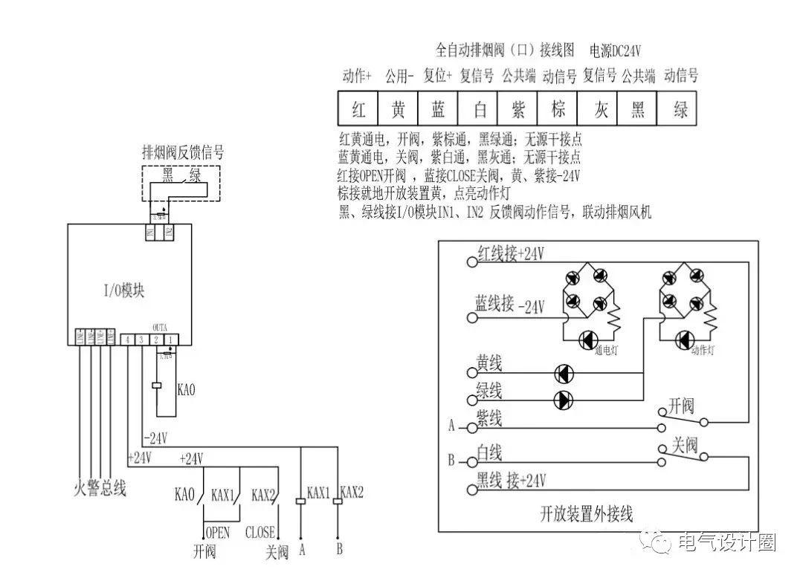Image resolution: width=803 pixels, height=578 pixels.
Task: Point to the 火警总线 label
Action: point(101,489)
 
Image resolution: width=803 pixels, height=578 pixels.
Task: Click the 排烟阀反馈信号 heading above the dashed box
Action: point(183,152)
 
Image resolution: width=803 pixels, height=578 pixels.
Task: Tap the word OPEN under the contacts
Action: point(217,533)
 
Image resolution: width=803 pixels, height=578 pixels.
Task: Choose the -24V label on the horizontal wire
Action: point(155,437)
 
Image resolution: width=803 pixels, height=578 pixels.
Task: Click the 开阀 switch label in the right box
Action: point(681,406)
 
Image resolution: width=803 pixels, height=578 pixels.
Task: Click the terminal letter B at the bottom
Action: point(339,551)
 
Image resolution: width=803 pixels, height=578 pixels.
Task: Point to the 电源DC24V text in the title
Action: point(615,51)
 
